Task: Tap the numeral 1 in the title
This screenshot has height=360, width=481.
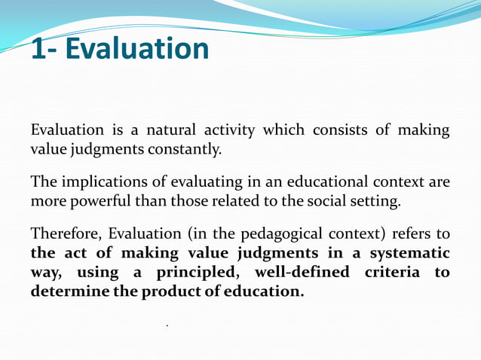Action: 39,49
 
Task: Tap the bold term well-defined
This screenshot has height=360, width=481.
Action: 302,272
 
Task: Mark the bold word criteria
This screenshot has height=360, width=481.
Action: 393,272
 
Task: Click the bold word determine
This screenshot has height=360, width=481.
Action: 64,291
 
